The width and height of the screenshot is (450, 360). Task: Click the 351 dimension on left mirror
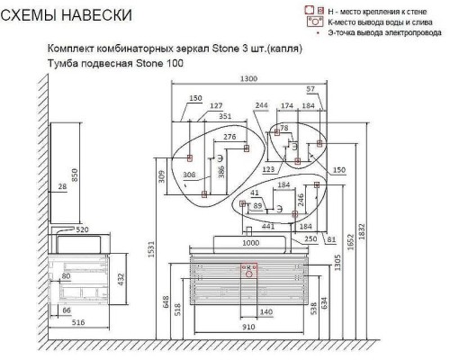225,116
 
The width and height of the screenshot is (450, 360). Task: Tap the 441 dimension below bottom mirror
267,227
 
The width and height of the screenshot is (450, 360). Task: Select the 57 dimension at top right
310,89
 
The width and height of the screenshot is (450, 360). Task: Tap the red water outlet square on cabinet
248,267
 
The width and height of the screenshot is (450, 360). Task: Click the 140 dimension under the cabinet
265,311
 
